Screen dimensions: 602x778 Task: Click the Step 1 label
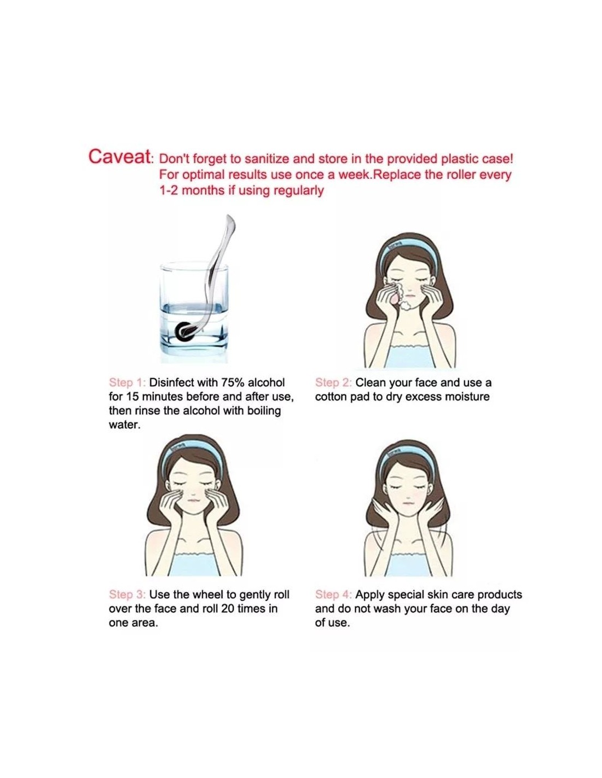pyautogui.click(x=127, y=382)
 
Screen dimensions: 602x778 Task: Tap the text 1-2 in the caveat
pyautogui.click(x=169, y=190)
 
